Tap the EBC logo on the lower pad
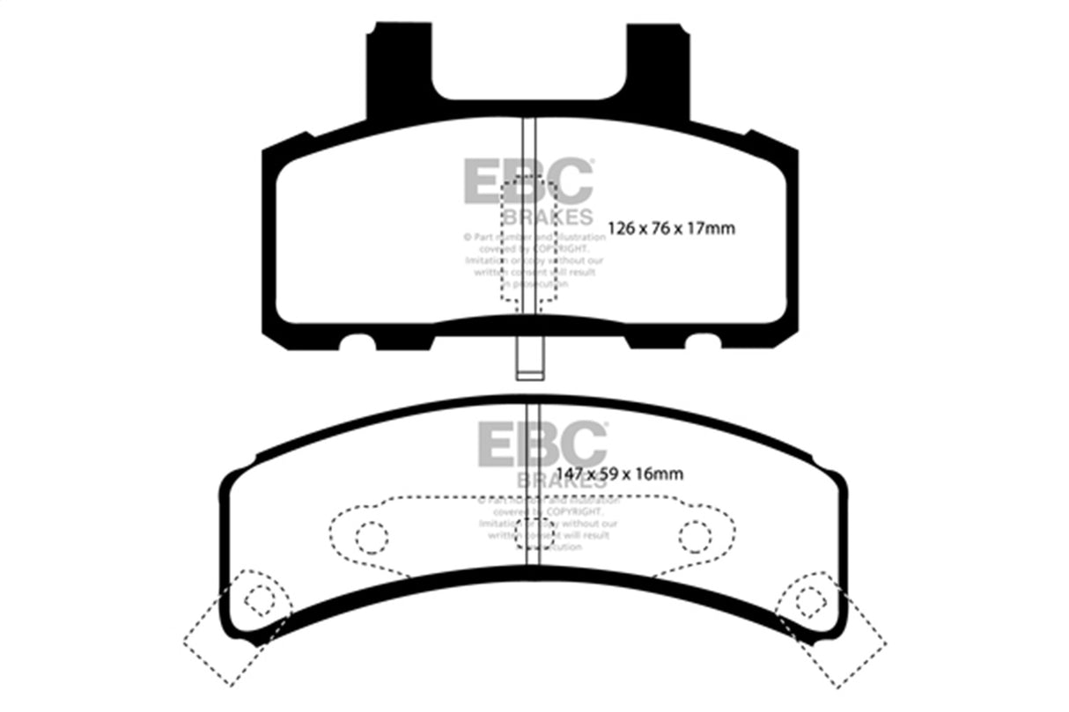[542, 444]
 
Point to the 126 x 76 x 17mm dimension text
[671, 229]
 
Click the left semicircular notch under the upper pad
[358, 341]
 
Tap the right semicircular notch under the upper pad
[702, 341]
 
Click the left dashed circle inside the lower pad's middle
[372, 535]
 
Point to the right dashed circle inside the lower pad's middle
[695, 535]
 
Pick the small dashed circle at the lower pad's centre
[532, 535]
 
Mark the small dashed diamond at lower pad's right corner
[808, 599]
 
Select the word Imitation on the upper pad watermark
[483, 261]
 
